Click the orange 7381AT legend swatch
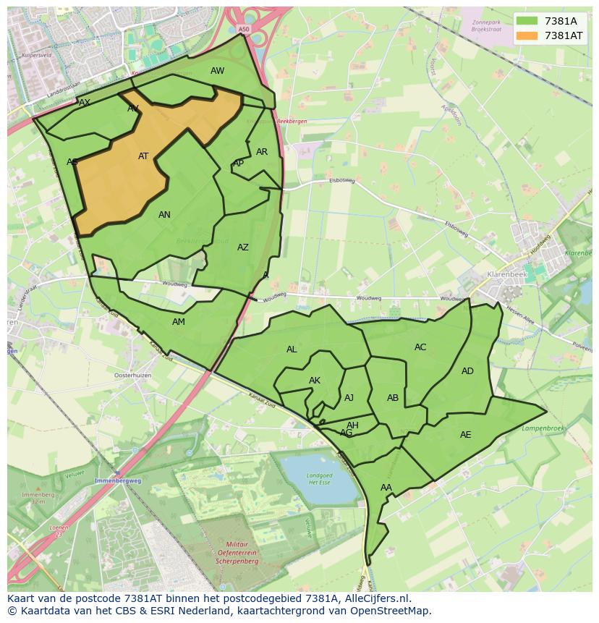point(527,35)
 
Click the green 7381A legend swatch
point(527,21)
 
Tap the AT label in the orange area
point(143,156)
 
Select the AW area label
point(217,71)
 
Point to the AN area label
point(164,215)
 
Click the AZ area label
point(243,247)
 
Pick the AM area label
point(179,322)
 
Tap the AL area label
point(292,349)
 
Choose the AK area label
point(315,381)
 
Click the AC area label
point(420,347)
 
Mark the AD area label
point(467,371)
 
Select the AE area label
point(465,435)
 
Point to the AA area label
point(386,488)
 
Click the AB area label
point(393,398)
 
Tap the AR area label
point(262,152)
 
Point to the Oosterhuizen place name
point(133,376)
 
